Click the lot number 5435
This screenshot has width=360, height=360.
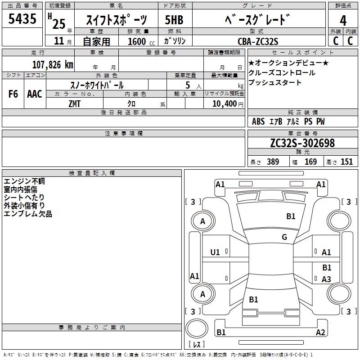[x=22, y=18]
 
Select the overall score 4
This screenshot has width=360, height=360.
[x=343, y=20]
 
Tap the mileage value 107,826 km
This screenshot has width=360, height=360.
[x=53, y=64]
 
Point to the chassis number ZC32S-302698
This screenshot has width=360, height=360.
[x=302, y=143]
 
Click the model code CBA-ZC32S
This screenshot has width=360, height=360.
[x=258, y=41]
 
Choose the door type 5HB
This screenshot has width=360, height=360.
[x=174, y=20]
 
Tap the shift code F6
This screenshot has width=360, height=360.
[x=13, y=94]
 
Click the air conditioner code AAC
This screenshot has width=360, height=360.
[x=35, y=94]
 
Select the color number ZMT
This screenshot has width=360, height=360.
[x=74, y=104]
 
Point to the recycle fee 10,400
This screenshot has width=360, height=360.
[x=225, y=103]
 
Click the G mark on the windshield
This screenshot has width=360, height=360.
[x=284, y=237]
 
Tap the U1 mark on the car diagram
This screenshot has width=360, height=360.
[x=215, y=252]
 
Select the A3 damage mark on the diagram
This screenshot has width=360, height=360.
[x=326, y=279]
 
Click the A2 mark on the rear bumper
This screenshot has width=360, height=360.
[x=320, y=332]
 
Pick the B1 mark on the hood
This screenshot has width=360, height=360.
[x=291, y=216]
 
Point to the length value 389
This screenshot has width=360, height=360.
[x=273, y=162]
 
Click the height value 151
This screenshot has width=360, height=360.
[x=346, y=162]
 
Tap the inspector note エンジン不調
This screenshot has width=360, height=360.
[x=24, y=181]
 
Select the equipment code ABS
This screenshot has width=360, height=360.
[x=258, y=121]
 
